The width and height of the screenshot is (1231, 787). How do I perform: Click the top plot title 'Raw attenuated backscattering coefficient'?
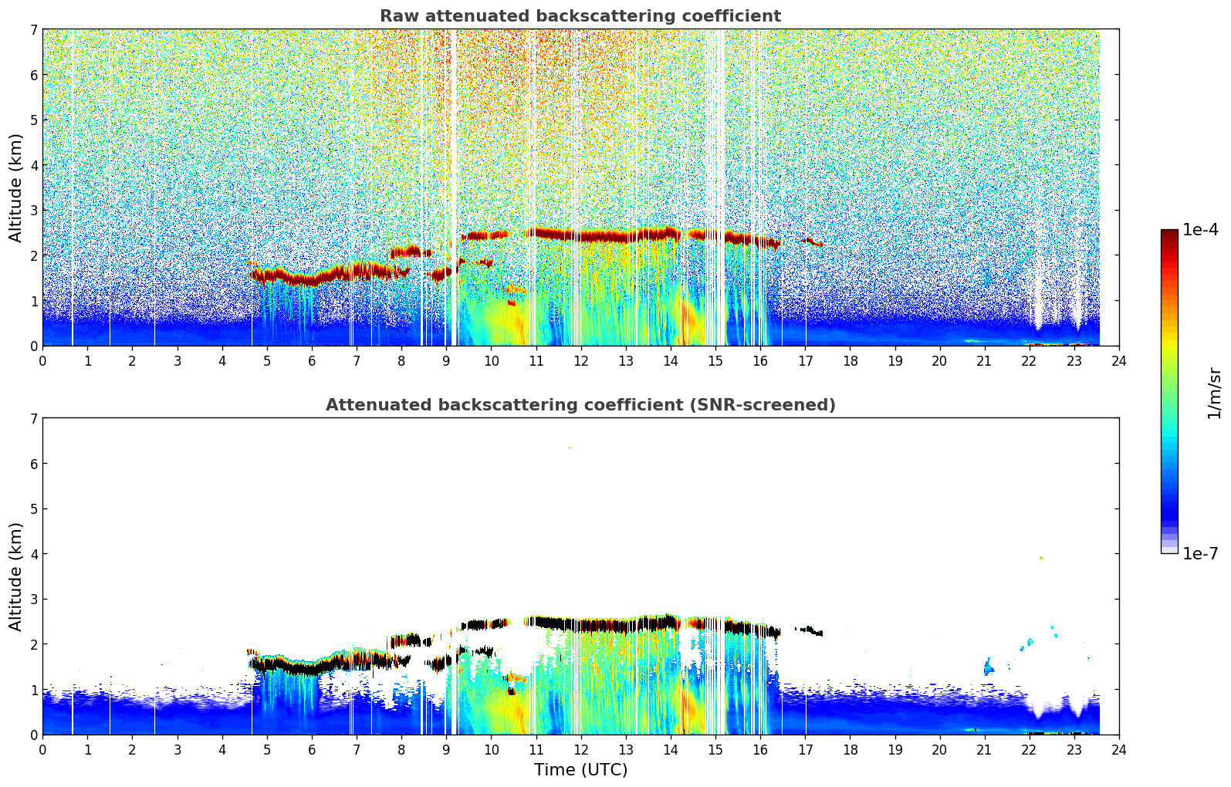580,16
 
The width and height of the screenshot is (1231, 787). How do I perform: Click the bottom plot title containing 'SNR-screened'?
580,405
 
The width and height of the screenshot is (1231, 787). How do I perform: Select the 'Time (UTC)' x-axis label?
580,769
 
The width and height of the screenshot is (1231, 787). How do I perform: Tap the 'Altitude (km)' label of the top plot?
16,187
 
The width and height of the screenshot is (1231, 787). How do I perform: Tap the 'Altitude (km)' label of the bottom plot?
16,576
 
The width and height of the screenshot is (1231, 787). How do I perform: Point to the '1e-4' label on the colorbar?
1200,230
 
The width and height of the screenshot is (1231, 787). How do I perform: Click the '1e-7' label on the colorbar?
1200,553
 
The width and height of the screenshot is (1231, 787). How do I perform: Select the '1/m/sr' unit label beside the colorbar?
1214,393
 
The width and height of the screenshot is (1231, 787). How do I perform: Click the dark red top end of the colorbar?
1169,233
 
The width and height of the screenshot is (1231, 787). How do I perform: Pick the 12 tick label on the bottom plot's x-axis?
580,749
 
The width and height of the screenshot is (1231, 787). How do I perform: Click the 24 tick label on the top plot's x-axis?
1118,360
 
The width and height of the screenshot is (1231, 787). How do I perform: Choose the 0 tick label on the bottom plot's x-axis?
42,749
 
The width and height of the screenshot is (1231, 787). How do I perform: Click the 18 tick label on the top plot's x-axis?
850,360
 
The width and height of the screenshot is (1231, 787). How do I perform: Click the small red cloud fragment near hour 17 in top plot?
813,242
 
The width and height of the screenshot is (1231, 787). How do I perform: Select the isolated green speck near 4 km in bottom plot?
1041,557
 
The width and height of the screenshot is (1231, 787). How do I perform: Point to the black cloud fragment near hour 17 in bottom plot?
811,631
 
